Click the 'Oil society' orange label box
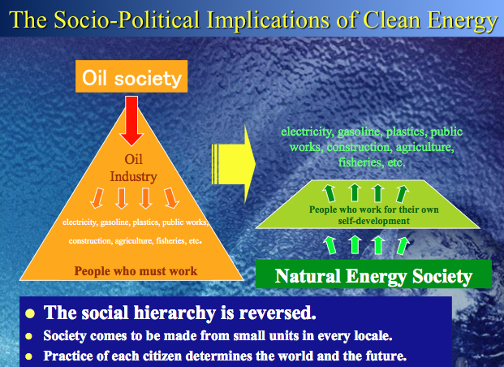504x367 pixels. (131, 76)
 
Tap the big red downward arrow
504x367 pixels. (131, 121)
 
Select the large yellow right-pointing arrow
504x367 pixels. (234, 164)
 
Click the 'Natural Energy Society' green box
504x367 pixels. (373, 274)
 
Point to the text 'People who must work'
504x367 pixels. (136, 271)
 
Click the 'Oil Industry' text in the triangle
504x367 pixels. (133, 168)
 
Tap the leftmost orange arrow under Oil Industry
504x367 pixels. (97, 198)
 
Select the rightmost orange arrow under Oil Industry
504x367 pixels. (171, 198)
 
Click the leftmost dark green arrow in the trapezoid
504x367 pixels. (330, 193)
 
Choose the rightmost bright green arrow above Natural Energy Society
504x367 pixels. (403, 246)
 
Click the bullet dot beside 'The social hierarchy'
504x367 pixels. (30, 313)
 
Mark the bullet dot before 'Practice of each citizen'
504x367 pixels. (29, 356)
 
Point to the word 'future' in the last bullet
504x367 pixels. (386, 356)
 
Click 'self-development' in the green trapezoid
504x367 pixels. (373, 221)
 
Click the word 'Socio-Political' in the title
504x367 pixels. (127, 20)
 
